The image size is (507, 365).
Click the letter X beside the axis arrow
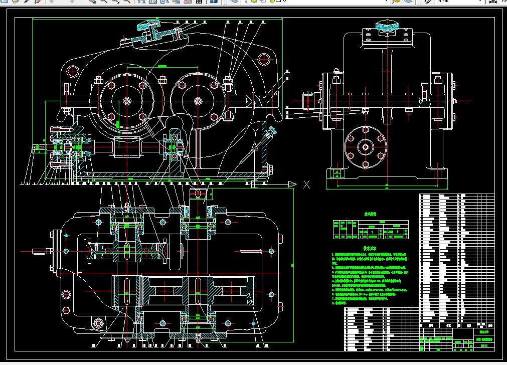coord(306,185)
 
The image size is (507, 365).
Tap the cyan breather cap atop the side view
coord(387,25)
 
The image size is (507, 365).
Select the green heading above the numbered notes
coord(370,248)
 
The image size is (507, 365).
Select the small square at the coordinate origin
coord(255,185)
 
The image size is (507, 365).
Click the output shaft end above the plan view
coord(198,194)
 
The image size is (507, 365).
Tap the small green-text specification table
coord(370,229)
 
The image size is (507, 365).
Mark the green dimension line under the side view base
coord(386,190)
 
